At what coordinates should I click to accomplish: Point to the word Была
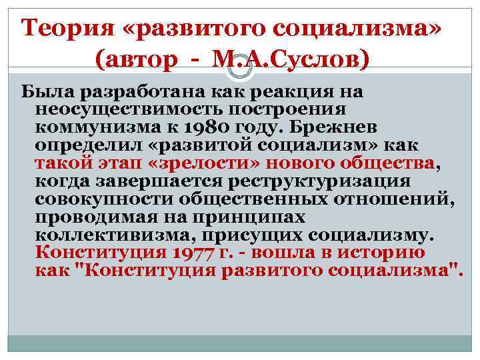pos(46,91)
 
